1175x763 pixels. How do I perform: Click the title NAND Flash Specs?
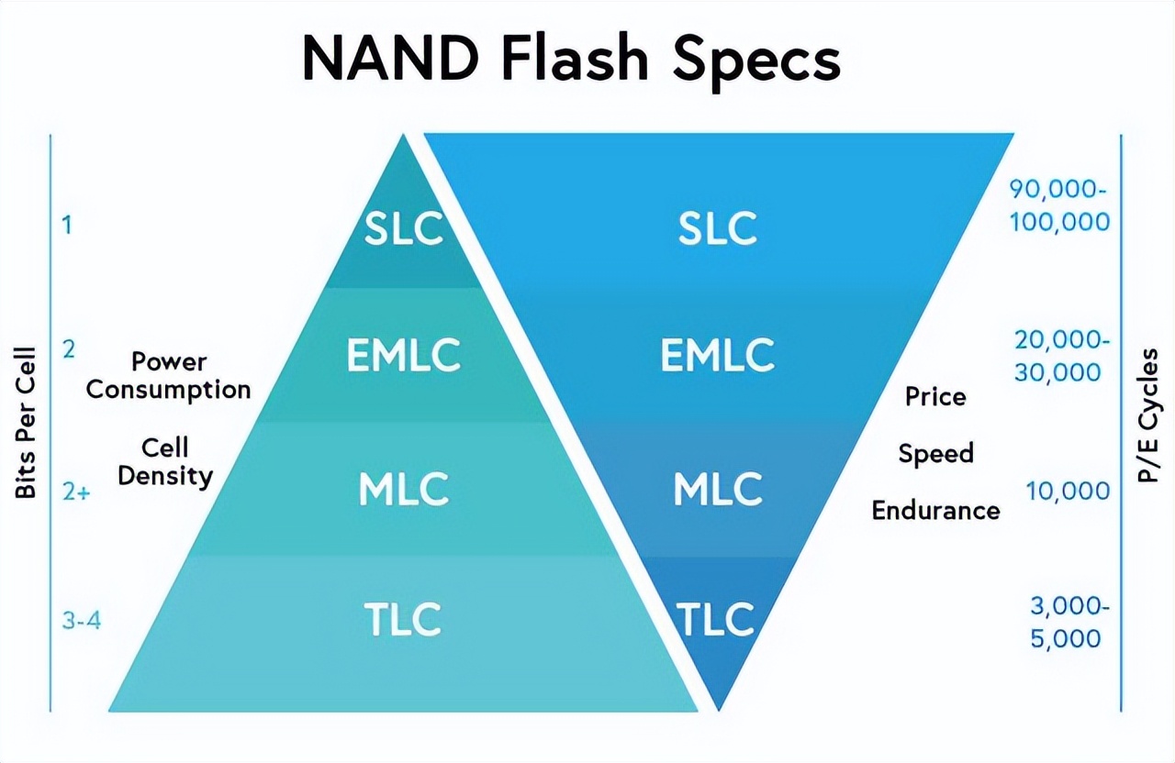(x=571, y=60)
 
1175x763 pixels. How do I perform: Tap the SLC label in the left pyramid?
(x=404, y=229)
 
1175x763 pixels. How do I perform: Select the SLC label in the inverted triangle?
(x=718, y=229)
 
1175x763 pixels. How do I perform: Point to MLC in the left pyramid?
(x=404, y=490)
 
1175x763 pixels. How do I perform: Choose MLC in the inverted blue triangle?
(x=718, y=490)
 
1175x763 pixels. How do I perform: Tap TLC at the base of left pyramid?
(x=404, y=619)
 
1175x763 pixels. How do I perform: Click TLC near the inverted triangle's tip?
(x=716, y=619)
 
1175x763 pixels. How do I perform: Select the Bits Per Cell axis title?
(x=26, y=423)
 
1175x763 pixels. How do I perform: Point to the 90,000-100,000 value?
(x=1059, y=205)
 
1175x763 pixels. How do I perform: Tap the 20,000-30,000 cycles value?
(x=1062, y=356)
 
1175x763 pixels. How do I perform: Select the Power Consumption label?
(x=169, y=375)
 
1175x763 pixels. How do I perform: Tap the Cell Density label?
(x=165, y=462)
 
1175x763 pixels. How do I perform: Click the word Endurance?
(x=935, y=511)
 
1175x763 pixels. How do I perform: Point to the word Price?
(x=935, y=397)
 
